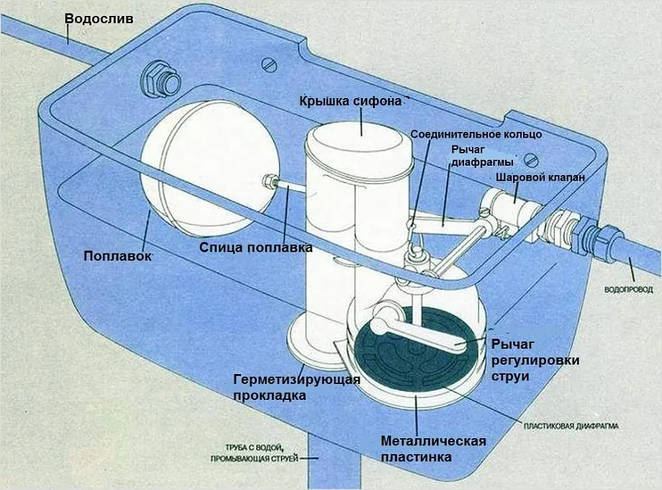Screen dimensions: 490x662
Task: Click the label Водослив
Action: click(99, 19)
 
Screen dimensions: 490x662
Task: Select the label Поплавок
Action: click(117, 256)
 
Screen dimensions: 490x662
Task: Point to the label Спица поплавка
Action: click(255, 248)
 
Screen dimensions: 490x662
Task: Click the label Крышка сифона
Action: click(350, 101)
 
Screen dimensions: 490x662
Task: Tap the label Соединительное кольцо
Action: click(476, 134)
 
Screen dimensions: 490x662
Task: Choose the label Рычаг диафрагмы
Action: click(472, 155)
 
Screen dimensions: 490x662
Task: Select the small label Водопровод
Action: click(629, 290)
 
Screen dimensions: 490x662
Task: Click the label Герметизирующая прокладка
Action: click(281, 387)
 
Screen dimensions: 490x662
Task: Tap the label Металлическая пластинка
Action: click(433, 449)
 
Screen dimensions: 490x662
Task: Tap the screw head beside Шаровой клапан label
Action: click(532, 159)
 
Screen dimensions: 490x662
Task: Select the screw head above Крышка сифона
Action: click(271, 65)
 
